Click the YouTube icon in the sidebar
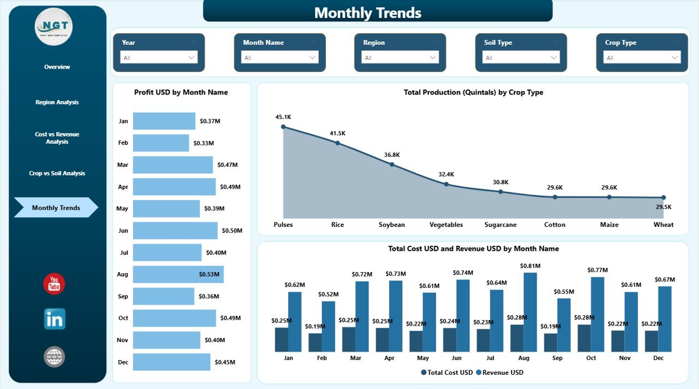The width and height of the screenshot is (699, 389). tap(54, 284)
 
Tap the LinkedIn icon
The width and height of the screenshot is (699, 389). tap(55, 319)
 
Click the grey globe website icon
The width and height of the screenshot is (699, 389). tap(54, 357)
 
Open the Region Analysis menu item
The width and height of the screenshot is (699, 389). tap(57, 102)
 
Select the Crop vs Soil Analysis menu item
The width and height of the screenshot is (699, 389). tap(57, 173)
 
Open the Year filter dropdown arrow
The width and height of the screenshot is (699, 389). tap(192, 57)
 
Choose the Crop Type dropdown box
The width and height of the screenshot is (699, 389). tap(642, 57)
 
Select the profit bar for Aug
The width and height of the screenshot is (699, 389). tap(178, 274)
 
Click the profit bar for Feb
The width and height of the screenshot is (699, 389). tap(161, 143)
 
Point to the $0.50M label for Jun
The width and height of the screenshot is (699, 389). tap(232, 231)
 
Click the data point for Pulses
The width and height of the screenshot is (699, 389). tap(283, 127)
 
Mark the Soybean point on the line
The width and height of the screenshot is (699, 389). tap(392, 164)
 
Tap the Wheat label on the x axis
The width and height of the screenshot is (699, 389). tap(663, 225)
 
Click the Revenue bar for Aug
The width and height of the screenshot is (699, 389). tap(530, 312)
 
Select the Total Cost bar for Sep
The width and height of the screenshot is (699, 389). tap(550, 343)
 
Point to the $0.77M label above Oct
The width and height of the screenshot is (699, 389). tap(597, 270)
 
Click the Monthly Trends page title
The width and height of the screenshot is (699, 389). tap(368, 13)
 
